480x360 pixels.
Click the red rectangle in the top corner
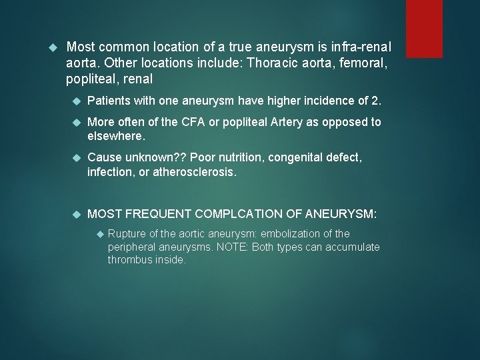[424, 28]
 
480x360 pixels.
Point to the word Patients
[111, 101]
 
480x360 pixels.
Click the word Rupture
[126, 234]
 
